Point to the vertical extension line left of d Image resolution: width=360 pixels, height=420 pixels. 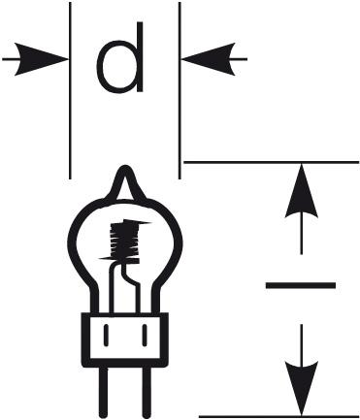point(71,116)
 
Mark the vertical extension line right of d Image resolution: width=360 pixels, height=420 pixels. point(180,116)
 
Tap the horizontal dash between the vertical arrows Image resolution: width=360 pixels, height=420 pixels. point(301,285)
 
